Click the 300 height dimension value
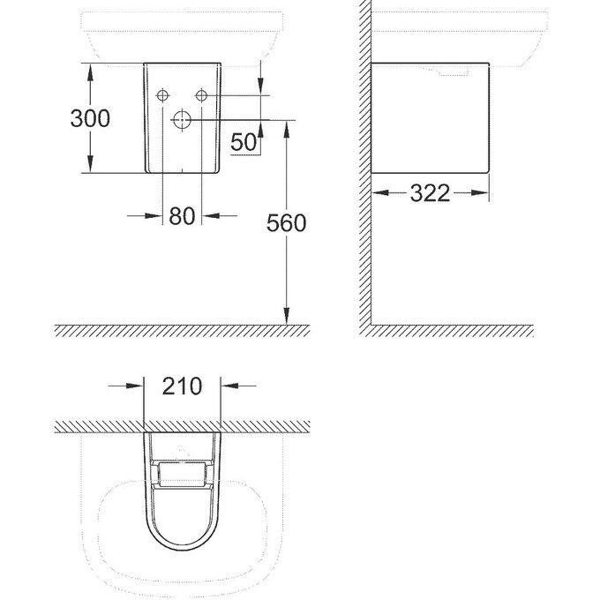[x=90, y=117]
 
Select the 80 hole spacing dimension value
[x=181, y=216]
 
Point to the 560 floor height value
[x=286, y=224]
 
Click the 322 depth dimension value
[x=430, y=193]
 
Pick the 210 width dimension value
[x=182, y=386]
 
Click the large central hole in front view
[x=182, y=120]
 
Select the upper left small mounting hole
[x=162, y=95]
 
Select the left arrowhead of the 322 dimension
[x=378, y=193]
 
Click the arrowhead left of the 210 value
[x=137, y=386]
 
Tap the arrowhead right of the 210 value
[x=227, y=386]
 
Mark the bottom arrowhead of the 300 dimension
[x=89, y=168]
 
